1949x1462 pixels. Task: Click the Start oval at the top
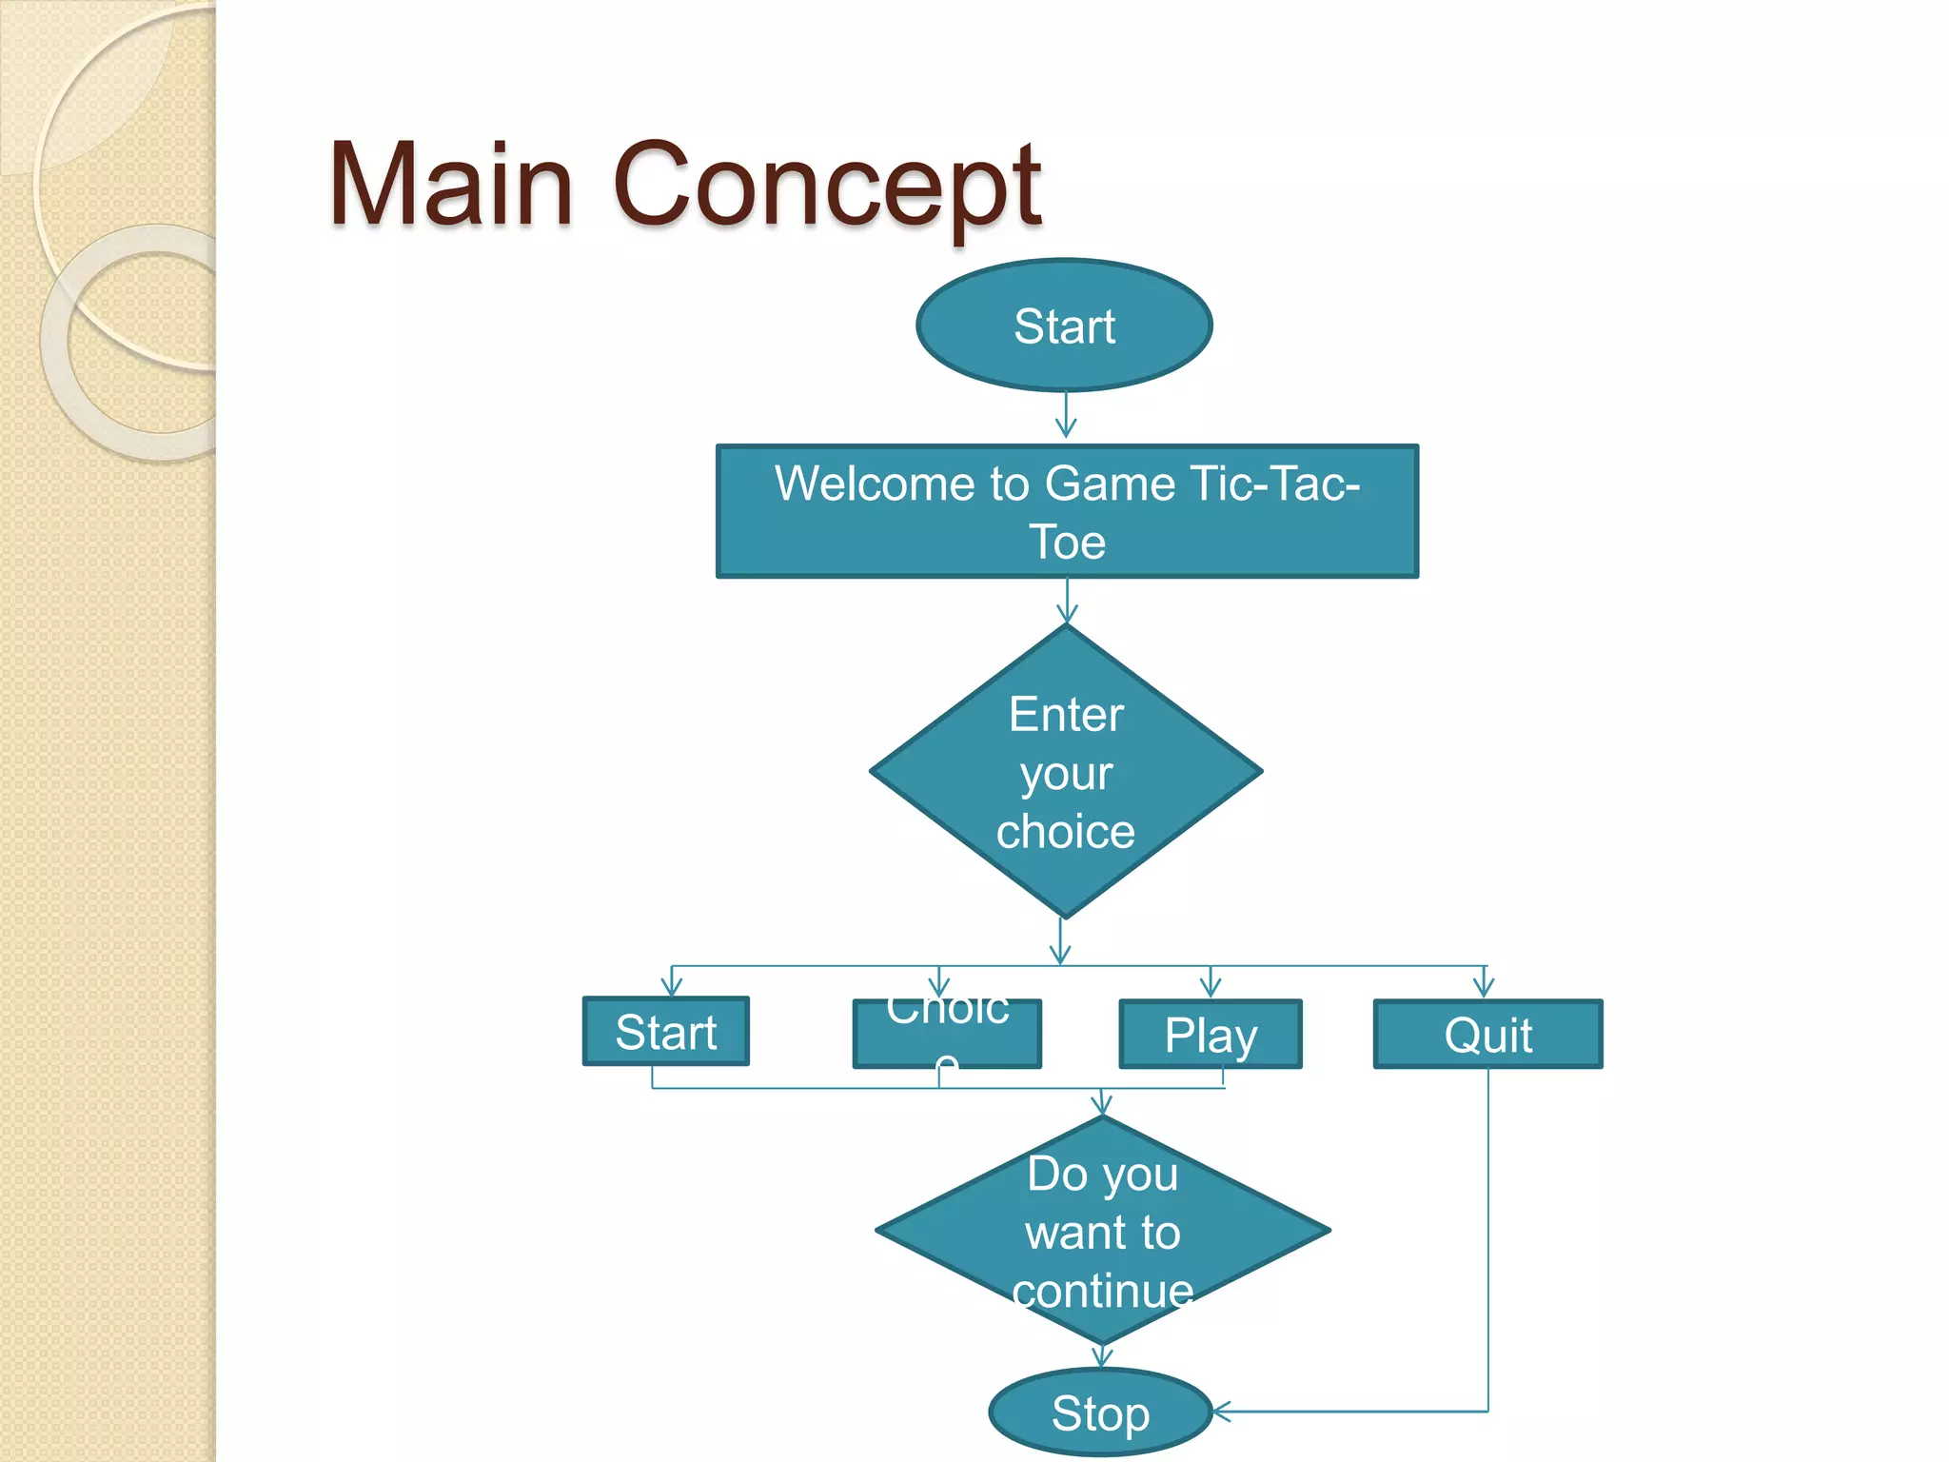pyautogui.click(x=1064, y=326)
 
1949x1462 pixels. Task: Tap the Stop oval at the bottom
pyautogui.click(x=1100, y=1413)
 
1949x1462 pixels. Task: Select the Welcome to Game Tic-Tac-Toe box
pyautogui.click(x=1067, y=511)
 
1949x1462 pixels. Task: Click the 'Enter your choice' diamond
pyautogui.click(x=1066, y=771)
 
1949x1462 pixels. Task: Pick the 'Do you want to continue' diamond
pyautogui.click(x=1102, y=1230)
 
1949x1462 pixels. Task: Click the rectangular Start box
pyautogui.click(x=665, y=1032)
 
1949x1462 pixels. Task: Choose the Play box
pyautogui.click(x=1210, y=1034)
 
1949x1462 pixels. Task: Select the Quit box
pyautogui.click(x=1487, y=1034)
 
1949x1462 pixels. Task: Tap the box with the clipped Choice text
pyautogui.click(x=946, y=1034)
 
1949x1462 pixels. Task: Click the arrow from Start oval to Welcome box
pyautogui.click(x=1066, y=417)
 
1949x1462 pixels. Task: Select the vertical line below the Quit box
pyautogui.click(x=1487, y=1237)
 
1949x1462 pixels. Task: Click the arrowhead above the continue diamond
pyautogui.click(x=1101, y=1105)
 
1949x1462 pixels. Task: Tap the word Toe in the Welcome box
pyautogui.click(x=1067, y=543)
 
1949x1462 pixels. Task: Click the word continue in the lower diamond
pyautogui.click(x=1102, y=1291)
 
